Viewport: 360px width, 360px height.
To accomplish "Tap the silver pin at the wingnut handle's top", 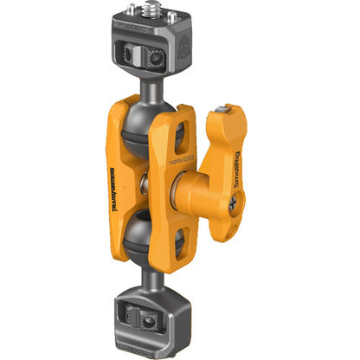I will pos(225,109).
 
